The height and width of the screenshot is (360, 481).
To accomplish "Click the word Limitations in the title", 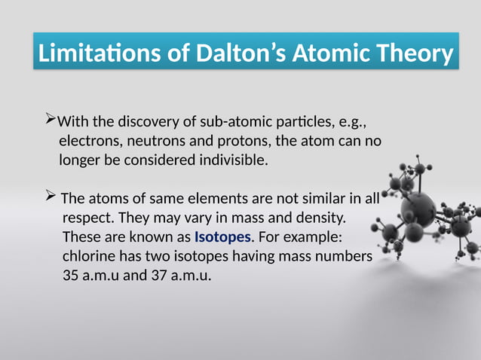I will pos(94,54).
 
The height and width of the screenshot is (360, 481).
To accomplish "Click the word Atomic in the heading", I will pos(332,54).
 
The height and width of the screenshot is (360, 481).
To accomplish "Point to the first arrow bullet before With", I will pos(51,121).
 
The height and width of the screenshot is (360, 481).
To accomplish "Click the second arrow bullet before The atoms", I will pos(51,198).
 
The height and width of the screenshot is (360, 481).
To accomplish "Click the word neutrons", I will pos(155,141).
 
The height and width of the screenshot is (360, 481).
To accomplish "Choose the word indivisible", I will pos(228,160).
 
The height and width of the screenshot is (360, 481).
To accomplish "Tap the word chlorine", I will pos(90,258).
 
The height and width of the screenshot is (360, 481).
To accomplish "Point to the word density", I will pos(317,218).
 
